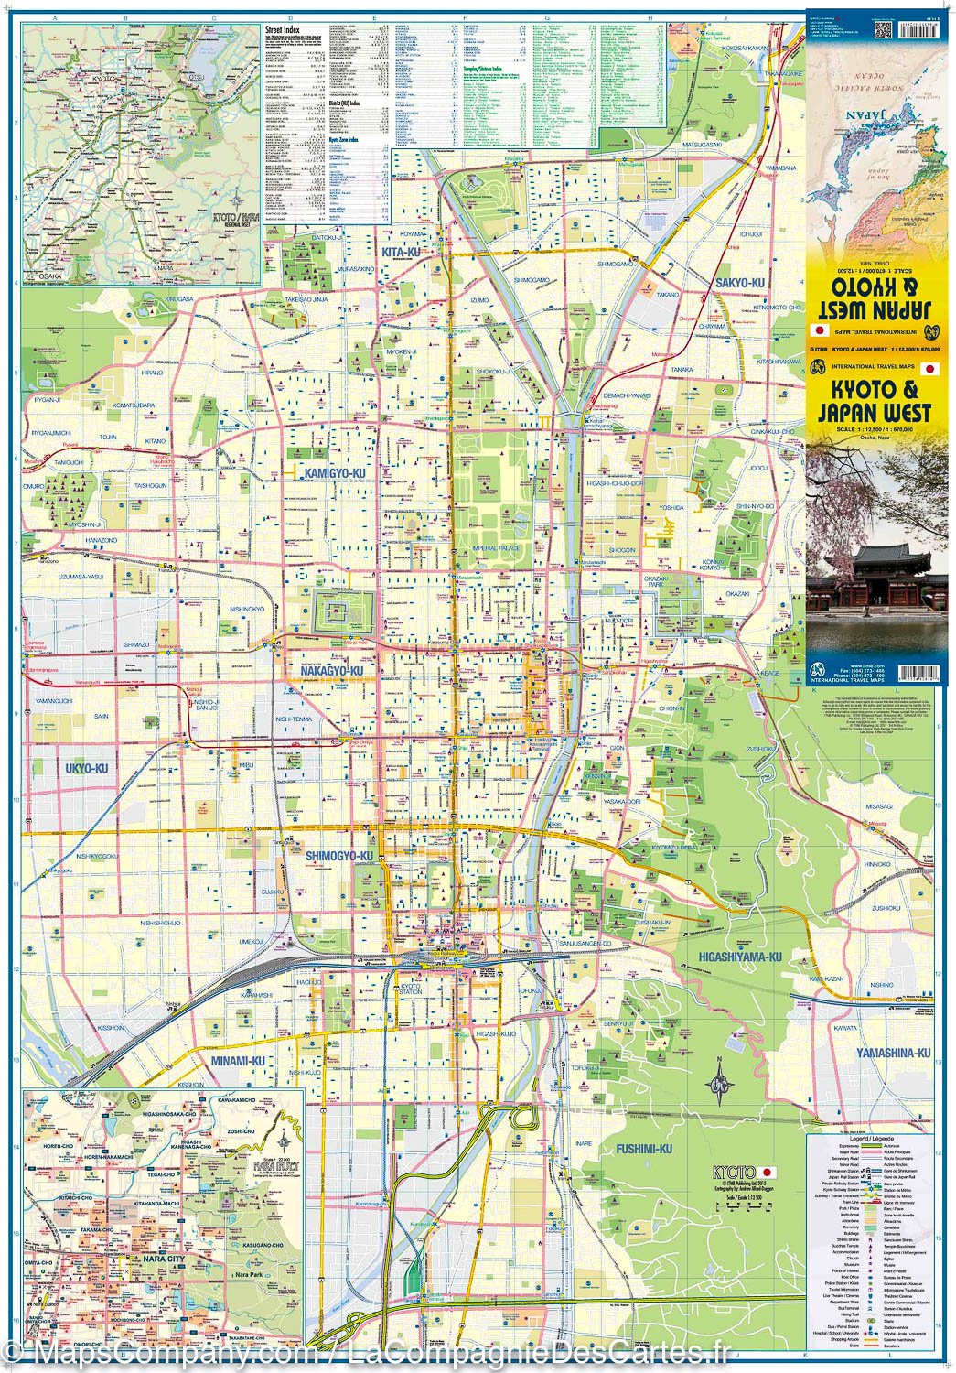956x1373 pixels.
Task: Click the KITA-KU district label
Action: tap(401, 252)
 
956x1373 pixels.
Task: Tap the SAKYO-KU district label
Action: tap(739, 283)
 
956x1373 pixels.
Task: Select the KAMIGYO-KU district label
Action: tap(328, 472)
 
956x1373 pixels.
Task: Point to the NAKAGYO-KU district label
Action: tap(332, 671)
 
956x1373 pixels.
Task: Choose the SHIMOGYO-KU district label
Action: tap(340, 856)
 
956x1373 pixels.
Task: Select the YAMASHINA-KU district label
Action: tap(893, 1054)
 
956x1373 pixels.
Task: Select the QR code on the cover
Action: tap(883, 27)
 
